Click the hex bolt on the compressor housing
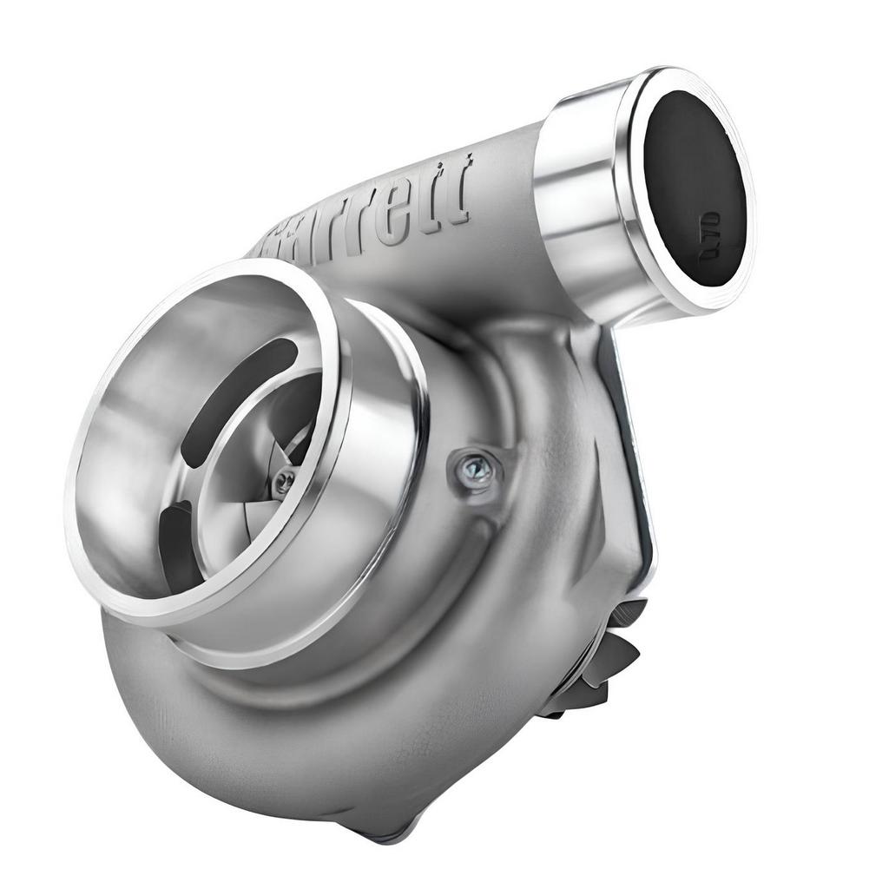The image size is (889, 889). tap(472, 470)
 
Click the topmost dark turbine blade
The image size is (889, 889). tap(629, 612)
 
